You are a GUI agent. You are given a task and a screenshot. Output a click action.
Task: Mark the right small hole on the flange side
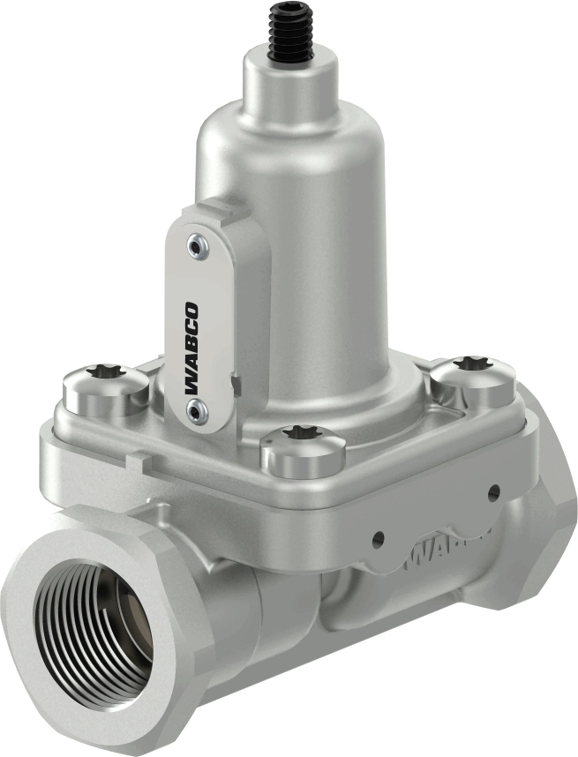(493, 491)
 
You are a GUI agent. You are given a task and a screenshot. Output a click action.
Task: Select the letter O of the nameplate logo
(193, 310)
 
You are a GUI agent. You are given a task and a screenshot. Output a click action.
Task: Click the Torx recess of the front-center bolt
(300, 435)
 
